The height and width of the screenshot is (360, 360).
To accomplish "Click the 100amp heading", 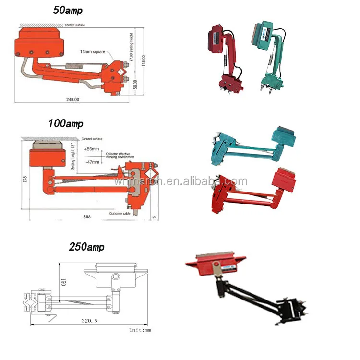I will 66,123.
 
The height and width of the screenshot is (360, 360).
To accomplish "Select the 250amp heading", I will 86,247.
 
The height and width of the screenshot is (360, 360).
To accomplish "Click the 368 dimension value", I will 86,216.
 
